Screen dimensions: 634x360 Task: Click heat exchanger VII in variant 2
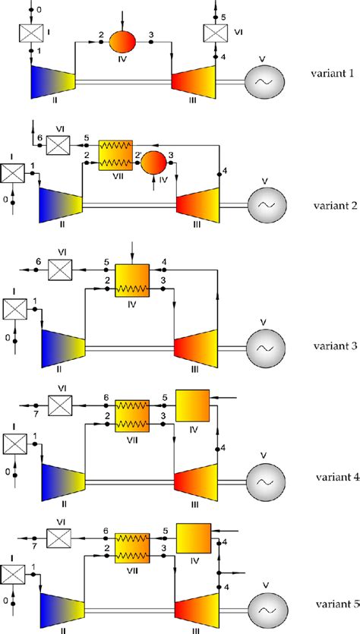115,154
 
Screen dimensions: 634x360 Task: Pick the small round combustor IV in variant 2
157,161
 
